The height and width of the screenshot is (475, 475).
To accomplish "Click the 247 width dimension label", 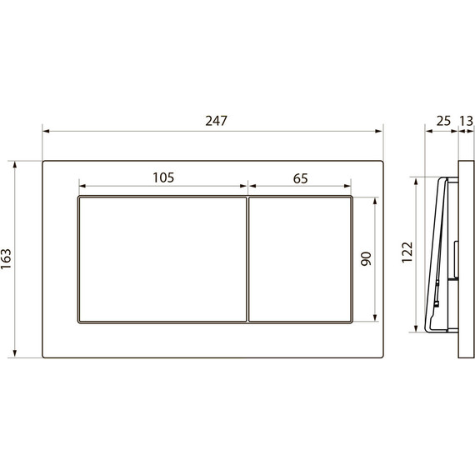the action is (216, 121).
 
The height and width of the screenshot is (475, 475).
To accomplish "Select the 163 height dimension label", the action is (6, 259).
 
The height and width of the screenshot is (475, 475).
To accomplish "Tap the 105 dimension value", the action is (163, 177).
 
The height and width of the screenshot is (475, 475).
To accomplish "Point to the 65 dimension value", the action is (301, 178).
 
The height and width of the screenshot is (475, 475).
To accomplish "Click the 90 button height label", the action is (366, 258).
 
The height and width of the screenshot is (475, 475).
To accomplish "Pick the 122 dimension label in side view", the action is (407, 252).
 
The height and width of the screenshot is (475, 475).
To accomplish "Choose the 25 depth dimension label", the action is (443, 121).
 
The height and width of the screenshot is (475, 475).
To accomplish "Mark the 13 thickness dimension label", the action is (467, 121).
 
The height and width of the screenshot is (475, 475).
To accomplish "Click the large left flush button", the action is (162, 259).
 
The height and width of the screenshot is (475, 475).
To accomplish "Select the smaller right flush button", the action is (301, 259).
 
